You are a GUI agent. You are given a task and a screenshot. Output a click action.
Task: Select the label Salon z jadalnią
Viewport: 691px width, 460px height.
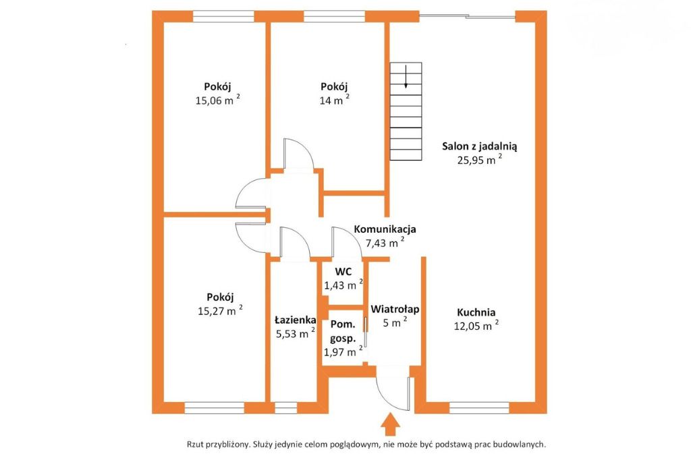(x=480, y=146)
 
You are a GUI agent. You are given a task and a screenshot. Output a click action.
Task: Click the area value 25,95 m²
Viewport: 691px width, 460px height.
(x=480, y=159)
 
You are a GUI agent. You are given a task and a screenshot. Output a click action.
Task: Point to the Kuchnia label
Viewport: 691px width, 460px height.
(x=476, y=312)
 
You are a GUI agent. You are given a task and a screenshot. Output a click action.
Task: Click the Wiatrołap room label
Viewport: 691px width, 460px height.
(x=395, y=310)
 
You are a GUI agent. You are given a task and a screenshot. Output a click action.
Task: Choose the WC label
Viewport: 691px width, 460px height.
(x=343, y=272)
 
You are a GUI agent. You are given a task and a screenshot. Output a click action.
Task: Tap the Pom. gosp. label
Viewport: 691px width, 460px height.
(x=343, y=331)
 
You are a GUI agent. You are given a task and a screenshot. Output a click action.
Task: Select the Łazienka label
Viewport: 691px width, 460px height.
(x=296, y=320)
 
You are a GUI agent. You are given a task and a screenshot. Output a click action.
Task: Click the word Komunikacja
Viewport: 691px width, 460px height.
(x=385, y=229)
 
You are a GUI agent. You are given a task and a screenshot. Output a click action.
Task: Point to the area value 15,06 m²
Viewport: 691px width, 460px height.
(x=218, y=100)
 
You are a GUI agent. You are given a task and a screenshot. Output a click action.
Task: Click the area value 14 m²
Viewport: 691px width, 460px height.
(x=335, y=100)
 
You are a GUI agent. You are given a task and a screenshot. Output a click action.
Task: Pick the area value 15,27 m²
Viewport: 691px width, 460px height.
(x=220, y=310)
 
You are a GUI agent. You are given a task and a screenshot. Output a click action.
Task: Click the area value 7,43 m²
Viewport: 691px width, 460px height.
(x=385, y=242)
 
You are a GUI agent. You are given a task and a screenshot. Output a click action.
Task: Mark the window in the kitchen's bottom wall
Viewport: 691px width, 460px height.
(x=480, y=407)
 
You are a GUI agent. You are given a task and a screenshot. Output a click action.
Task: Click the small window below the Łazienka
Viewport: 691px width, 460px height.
(x=285, y=407)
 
